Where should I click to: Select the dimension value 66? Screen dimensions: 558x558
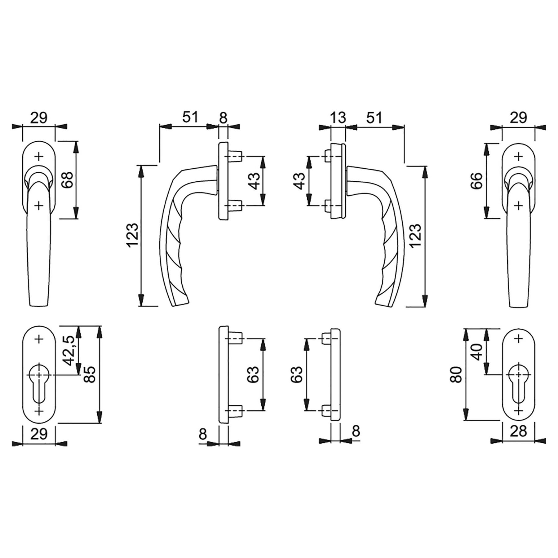point(477,181)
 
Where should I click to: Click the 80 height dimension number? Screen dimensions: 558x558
point(458,374)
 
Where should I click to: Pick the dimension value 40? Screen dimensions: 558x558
point(478,352)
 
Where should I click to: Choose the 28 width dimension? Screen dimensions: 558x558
point(518,431)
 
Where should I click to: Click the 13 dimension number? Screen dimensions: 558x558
point(338,118)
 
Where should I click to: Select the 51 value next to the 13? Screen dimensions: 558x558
point(374,118)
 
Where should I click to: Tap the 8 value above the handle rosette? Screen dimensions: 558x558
point(223,118)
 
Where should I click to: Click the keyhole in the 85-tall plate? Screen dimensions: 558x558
point(39,383)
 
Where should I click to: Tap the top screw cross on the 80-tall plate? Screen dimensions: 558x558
point(518,339)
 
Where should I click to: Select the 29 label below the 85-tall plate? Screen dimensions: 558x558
point(39,434)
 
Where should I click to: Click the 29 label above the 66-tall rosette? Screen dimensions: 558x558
point(518,118)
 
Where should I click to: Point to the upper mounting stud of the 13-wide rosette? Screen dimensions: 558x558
point(327,156)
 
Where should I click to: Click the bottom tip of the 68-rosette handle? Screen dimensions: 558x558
point(39,306)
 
